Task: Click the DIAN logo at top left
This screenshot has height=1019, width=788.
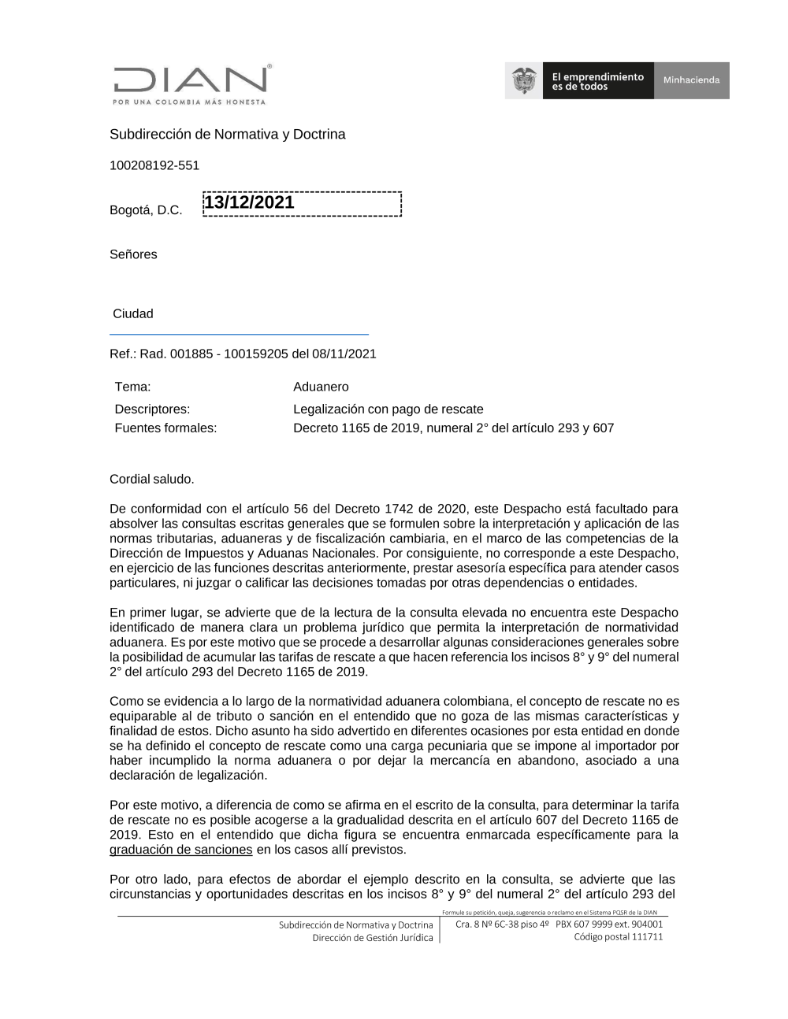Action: (190, 80)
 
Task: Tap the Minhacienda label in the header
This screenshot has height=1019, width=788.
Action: (691, 80)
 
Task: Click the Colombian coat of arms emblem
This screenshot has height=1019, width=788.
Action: (524, 80)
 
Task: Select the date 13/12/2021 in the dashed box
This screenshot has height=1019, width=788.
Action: (249, 202)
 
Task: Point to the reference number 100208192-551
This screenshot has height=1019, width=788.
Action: (154, 165)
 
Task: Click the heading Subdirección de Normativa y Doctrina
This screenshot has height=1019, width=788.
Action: (227, 135)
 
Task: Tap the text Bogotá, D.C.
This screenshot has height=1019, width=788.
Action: (146, 210)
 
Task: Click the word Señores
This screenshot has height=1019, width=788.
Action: (133, 254)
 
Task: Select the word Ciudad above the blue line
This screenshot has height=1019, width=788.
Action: (133, 313)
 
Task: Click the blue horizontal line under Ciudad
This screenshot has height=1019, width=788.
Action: (239, 335)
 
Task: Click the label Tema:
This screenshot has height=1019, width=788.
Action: (132, 387)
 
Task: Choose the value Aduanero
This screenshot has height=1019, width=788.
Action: (321, 387)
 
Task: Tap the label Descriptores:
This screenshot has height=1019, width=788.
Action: (152, 409)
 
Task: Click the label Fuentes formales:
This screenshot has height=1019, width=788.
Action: (165, 428)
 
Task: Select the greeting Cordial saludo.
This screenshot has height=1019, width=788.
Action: (151, 479)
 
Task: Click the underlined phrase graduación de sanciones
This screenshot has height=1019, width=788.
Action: (180, 850)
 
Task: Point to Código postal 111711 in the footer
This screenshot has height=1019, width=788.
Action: (618, 937)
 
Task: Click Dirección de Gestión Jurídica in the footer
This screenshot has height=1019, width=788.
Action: (372, 938)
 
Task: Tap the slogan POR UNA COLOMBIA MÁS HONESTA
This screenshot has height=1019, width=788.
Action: (189, 102)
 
